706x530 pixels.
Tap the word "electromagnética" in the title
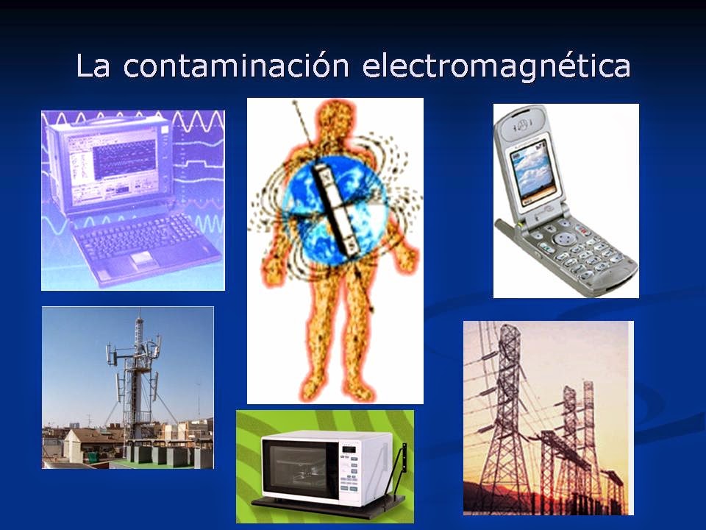497,66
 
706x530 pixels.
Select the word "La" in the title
93,66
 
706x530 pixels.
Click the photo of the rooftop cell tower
128,387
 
